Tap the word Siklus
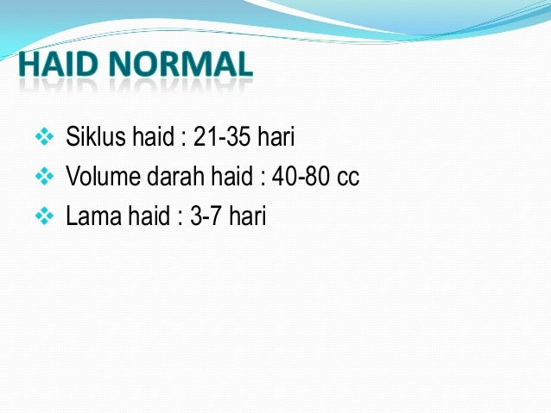click(92, 139)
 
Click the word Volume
click(102, 178)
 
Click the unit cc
click(348, 178)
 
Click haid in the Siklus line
click(149, 139)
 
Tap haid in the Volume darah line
click(232, 178)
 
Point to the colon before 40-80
click(260, 179)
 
